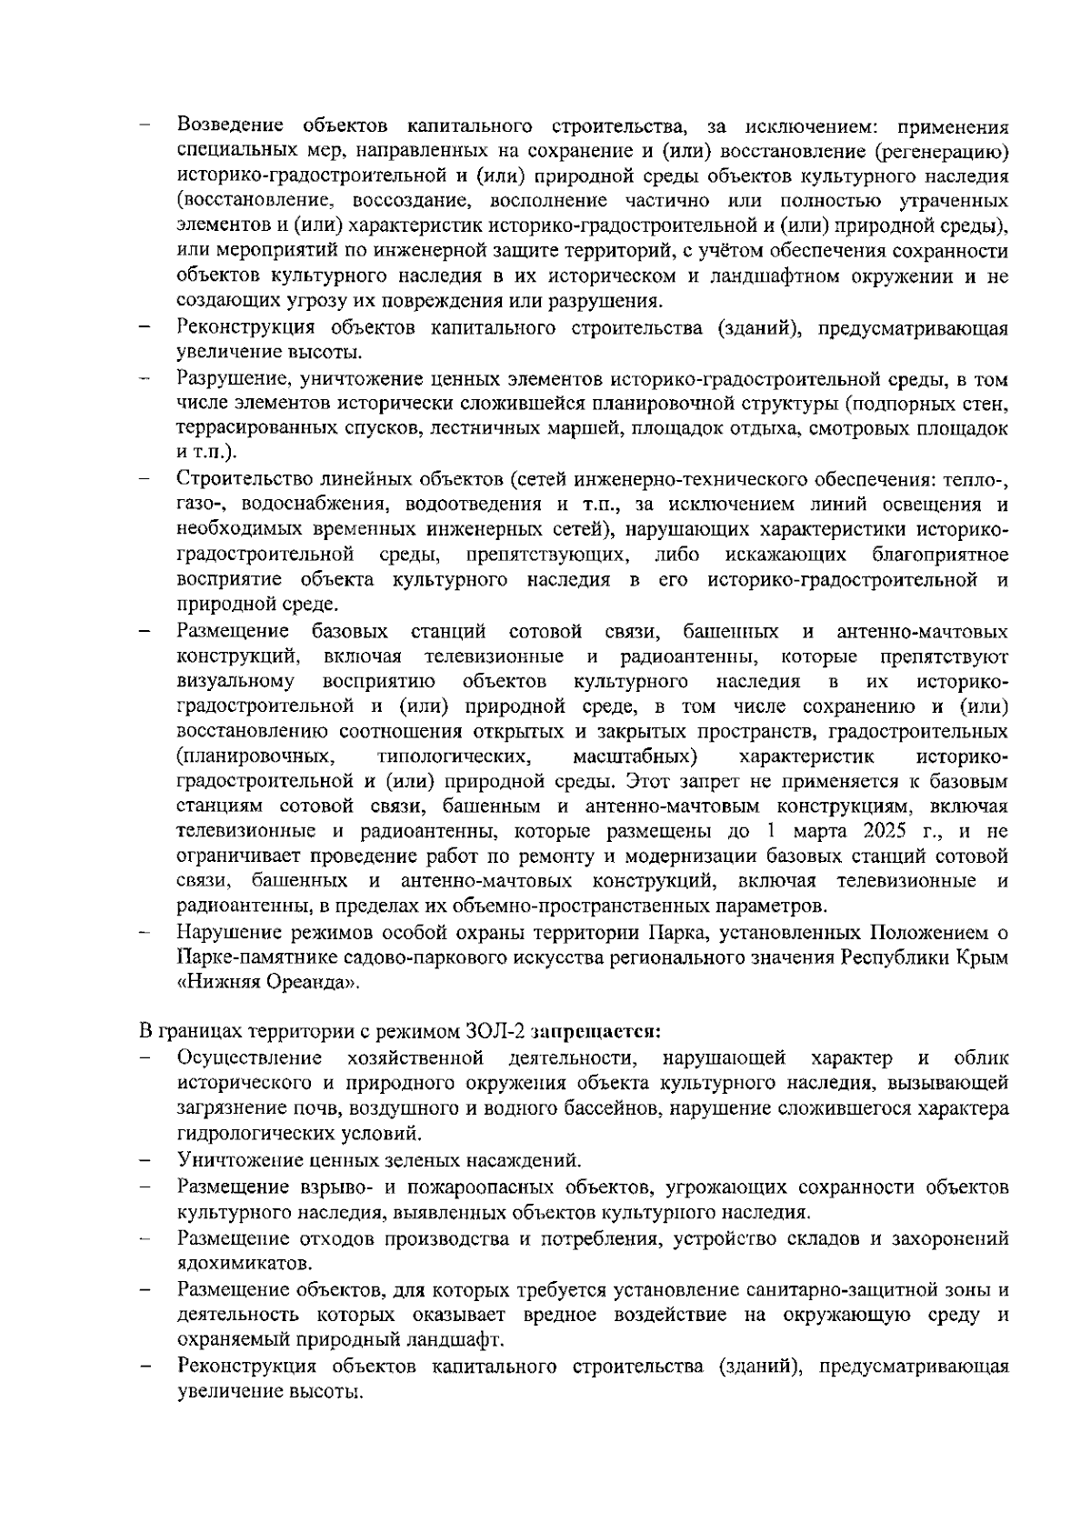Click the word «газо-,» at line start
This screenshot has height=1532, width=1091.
(x=200, y=504)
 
